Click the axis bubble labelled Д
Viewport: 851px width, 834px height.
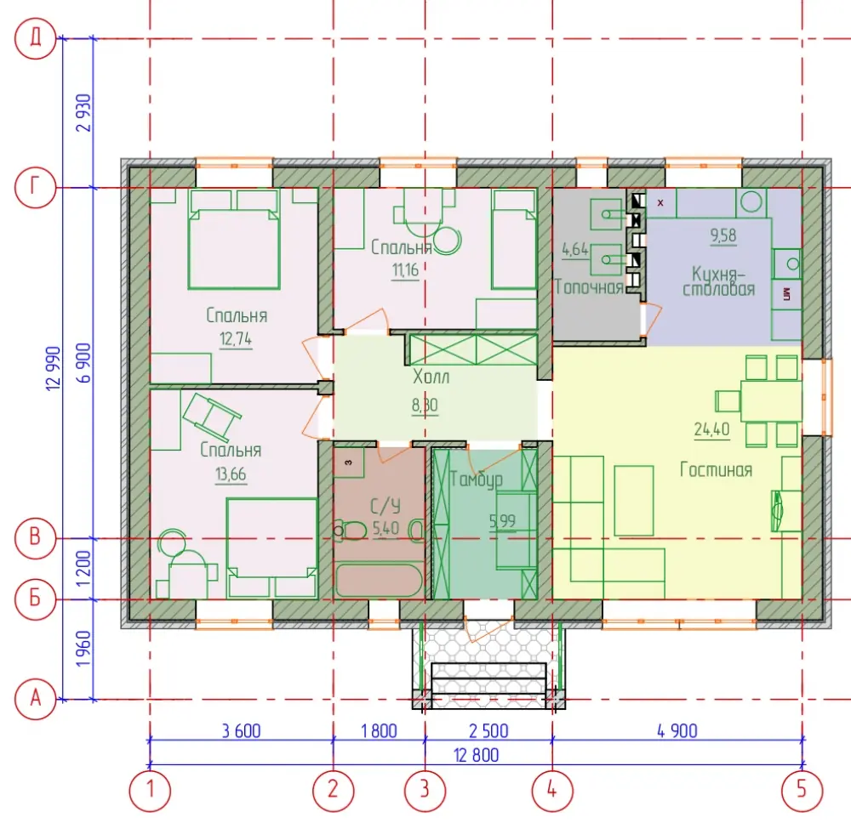(x=35, y=38)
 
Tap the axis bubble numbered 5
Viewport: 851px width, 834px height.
(x=802, y=790)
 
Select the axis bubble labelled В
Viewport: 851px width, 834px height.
(x=35, y=538)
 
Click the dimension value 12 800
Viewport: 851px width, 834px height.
(x=476, y=755)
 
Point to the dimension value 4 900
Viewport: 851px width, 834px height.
(x=677, y=731)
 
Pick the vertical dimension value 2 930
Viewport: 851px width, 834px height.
(x=84, y=113)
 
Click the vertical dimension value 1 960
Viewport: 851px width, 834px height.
(x=83, y=649)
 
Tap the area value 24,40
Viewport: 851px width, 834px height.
(x=711, y=429)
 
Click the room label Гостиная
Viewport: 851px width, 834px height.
(x=716, y=469)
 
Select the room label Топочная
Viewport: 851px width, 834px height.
(x=589, y=287)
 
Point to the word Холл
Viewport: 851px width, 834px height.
(x=431, y=377)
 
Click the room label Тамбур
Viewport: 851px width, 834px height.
(x=476, y=479)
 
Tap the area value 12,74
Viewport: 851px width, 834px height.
(x=236, y=339)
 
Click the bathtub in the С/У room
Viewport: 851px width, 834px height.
(x=379, y=581)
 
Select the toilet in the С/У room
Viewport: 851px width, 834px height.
(x=351, y=530)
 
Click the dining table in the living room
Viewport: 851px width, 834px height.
(x=771, y=401)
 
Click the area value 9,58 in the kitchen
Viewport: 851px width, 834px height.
(x=723, y=235)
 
